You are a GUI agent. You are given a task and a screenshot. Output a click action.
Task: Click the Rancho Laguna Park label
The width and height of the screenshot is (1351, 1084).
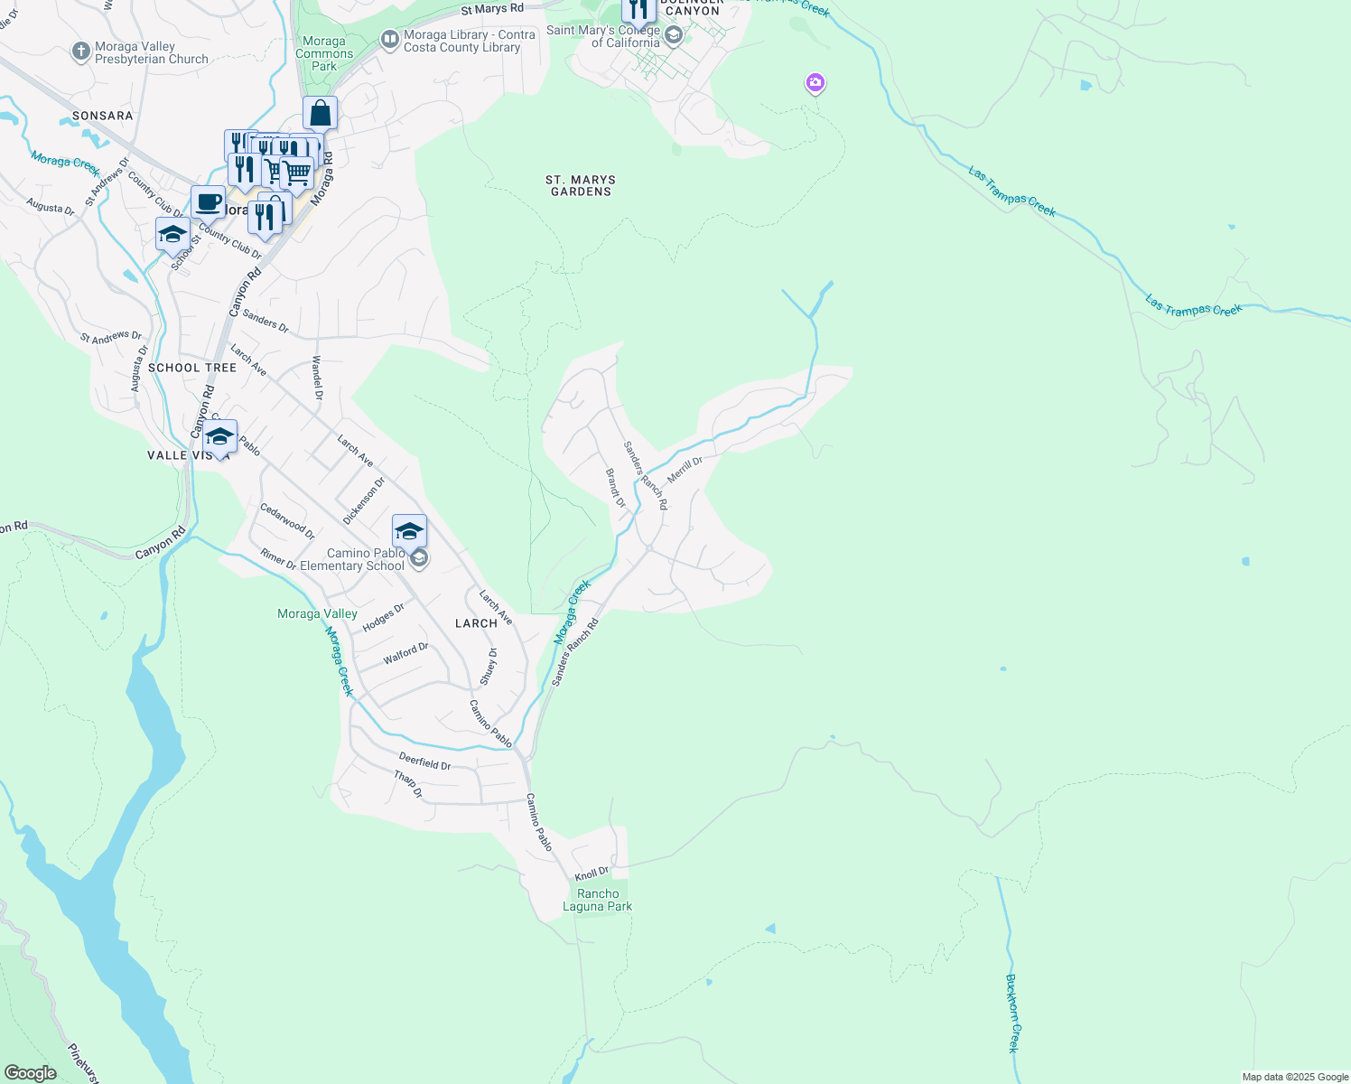click(x=598, y=900)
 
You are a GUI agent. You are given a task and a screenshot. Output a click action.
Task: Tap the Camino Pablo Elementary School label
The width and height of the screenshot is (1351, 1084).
click(x=366, y=559)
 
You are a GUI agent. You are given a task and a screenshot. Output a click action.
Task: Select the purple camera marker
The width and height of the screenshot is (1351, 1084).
click(x=815, y=83)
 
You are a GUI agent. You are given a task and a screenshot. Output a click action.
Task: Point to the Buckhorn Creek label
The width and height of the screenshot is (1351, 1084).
click(x=1013, y=1013)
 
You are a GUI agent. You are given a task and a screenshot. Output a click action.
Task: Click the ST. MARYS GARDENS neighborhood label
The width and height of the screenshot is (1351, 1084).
click(x=581, y=186)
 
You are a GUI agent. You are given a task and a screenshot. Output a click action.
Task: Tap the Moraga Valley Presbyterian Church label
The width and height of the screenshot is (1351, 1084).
click(x=151, y=52)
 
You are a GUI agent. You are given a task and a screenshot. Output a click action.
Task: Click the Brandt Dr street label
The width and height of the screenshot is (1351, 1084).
click(x=615, y=488)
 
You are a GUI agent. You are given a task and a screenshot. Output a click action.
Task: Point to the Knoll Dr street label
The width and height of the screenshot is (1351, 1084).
click(x=592, y=874)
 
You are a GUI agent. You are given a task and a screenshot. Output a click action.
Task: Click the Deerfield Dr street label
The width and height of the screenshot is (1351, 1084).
click(x=424, y=762)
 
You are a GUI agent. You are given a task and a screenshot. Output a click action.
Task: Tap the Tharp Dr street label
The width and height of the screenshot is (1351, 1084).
click(x=408, y=784)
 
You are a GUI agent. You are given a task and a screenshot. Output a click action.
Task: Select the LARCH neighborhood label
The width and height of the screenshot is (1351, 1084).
click(x=476, y=623)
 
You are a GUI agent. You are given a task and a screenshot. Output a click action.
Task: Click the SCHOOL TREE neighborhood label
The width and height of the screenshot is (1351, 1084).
click(x=192, y=368)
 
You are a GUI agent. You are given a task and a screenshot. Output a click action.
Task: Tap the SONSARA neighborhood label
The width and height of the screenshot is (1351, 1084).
click(x=103, y=116)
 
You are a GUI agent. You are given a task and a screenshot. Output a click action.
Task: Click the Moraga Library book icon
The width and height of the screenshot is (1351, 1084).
click(x=390, y=39)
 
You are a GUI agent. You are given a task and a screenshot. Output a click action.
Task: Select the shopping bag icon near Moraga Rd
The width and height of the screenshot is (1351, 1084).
click(x=320, y=114)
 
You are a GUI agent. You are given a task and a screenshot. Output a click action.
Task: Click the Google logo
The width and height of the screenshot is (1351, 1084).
click(x=30, y=1072)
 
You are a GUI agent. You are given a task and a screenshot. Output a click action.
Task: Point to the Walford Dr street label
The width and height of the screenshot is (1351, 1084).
click(x=405, y=654)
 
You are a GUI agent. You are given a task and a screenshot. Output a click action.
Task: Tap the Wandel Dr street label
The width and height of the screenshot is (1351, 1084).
click(x=317, y=378)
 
